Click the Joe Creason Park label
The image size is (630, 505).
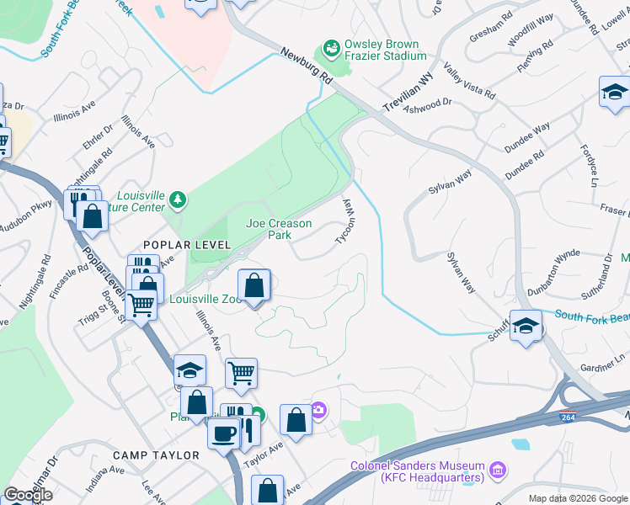click(279, 229)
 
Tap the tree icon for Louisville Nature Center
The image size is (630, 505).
click(177, 199)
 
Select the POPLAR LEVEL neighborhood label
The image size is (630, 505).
click(187, 244)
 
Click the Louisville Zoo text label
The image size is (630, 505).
click(205, 299)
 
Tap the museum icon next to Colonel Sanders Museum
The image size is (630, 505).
click(497, 468)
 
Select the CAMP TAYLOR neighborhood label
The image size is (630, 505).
click(158, 455)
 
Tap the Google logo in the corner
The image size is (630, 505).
click(28, 495)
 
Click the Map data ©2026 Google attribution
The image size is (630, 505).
click(577, 498)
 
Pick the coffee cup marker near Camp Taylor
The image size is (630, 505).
click(224, 434)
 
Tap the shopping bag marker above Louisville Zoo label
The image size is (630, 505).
click(254, 286)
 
